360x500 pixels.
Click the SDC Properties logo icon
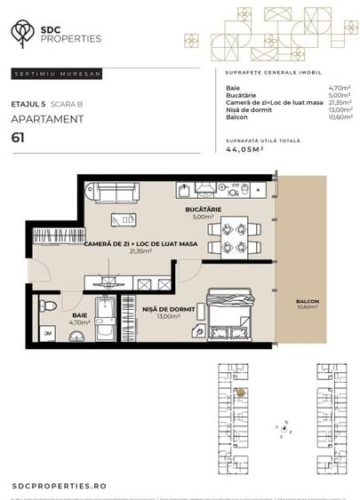click(x=19, y=33)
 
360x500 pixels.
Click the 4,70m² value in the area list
click(x=337, y=89)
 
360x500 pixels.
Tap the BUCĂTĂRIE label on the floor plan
click(x=203, y=209)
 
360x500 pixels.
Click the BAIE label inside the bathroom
click(x=79, y=313)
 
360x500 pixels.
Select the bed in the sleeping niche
click(x=228, y=316)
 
